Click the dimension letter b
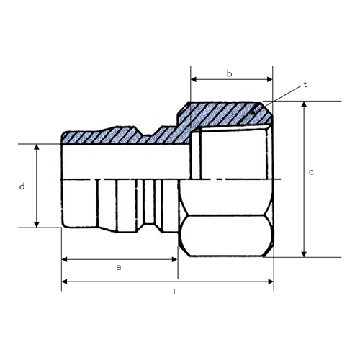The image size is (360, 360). pyautogui.click(x=230, y=73)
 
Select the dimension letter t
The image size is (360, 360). pyautogui.click(x=305, y=84)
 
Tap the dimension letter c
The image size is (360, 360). pyautogui.click(x=311, y=172)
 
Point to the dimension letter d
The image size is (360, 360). pyautogui.click(x=22, y=186)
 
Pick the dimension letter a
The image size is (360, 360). pyautogui.click(x=119, y=267)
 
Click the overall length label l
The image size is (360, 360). pyautogui.click(x=174, y=292)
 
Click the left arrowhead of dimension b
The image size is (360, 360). pyautogui.click(x=194, y=79)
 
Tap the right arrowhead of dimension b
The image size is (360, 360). pyautogui.click(x=270, y=79)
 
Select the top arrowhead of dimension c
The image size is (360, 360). pyautogui.click(x=304, y=104)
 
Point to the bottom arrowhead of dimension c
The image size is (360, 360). pyautogui.click(x=304, y=254)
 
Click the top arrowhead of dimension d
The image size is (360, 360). pyautogui.click(x=37, y=147)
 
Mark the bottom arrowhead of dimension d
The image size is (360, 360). pyautogui.click(x=37, y=225)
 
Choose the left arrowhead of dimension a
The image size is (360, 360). pyautogui.click(x=65, y=259)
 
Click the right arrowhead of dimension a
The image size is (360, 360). pyautogui.click(x=174, y=259)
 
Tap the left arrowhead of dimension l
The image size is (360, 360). pyautogui.click(x=65, y=282)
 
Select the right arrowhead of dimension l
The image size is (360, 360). pyautogui.click(x=271, y=282)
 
